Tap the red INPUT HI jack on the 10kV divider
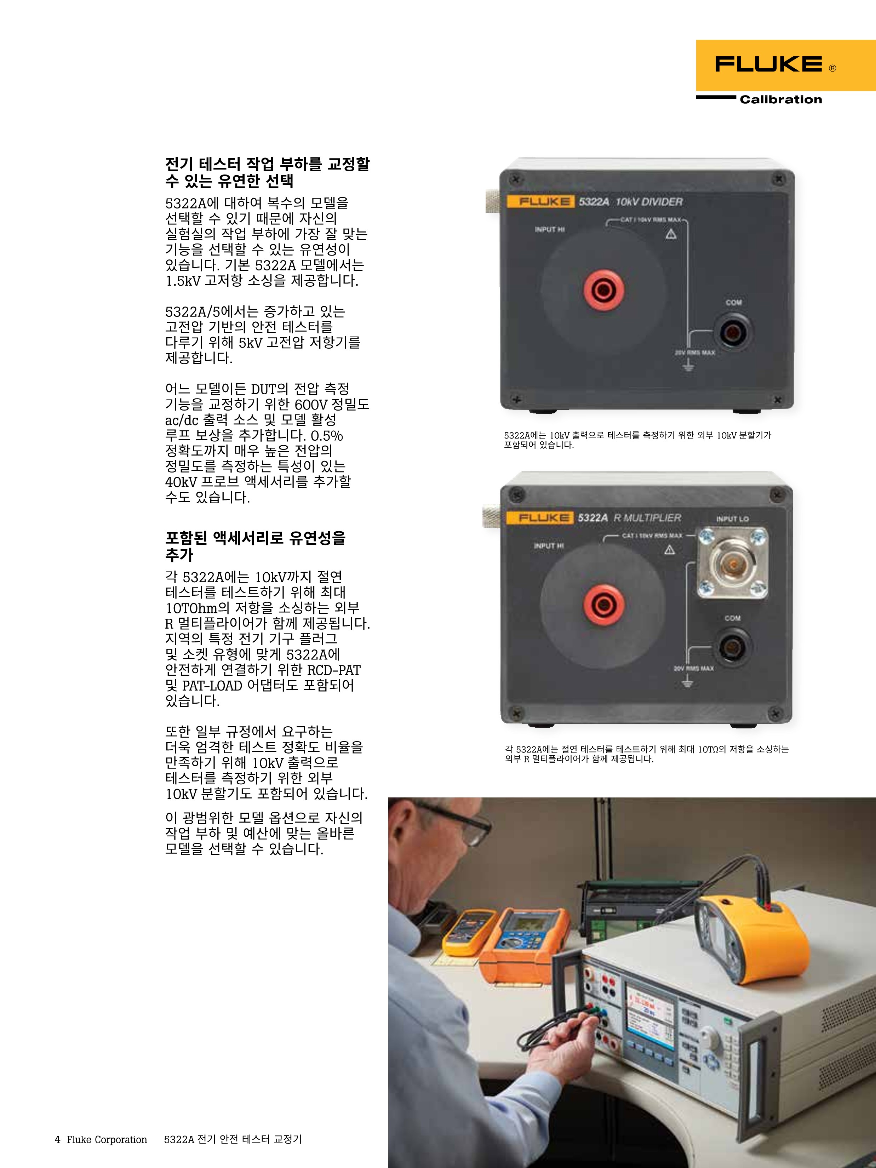(x=603, y=290)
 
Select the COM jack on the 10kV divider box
(x=733, y=332)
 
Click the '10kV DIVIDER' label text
(x=649, y=202)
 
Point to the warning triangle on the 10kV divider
(x=671, y=234)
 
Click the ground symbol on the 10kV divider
(x=688, y=365)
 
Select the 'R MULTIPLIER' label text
(x=647, y=518)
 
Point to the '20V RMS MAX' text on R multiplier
(x=693, y=669)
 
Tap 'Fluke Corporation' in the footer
(x=107, y=1139)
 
